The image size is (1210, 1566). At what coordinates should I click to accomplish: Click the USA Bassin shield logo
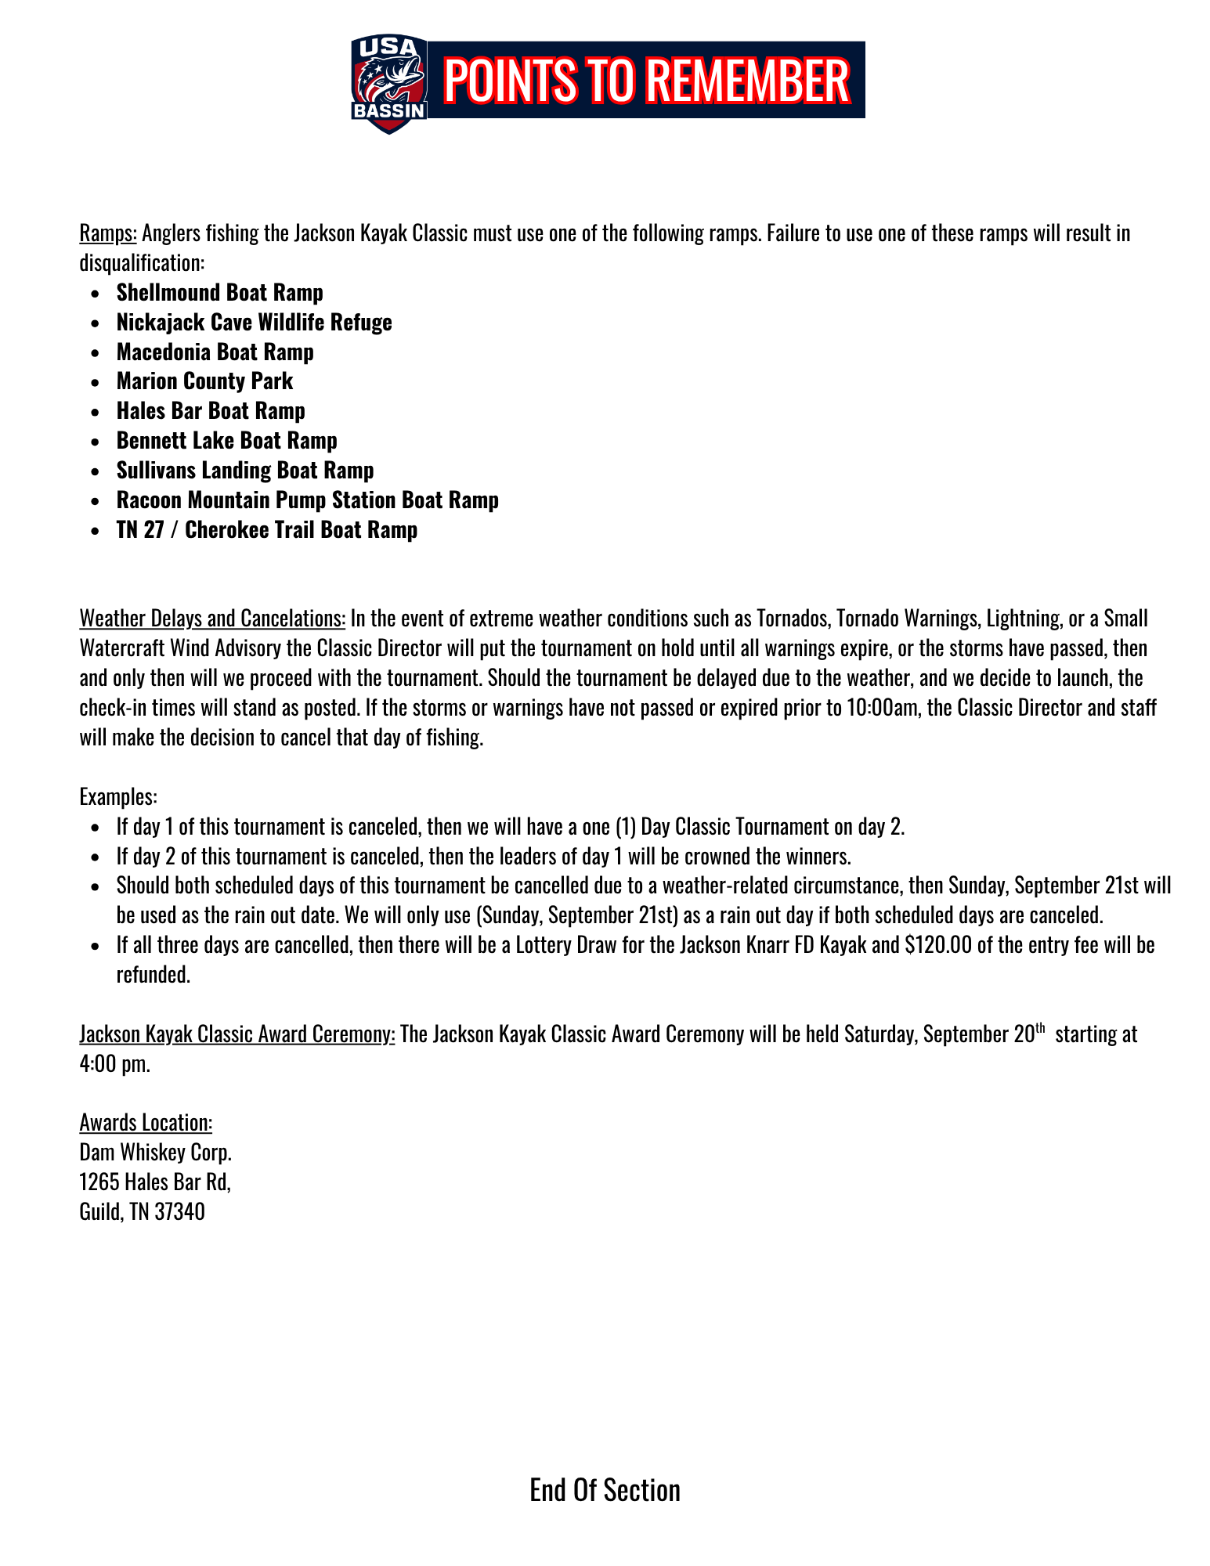[x=388, y=83]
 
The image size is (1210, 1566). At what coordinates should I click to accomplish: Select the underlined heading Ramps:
[x=108, y=233]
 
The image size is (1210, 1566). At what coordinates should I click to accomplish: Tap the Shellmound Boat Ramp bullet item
[x=219, y=293]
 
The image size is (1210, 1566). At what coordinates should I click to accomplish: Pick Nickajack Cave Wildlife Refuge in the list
[x=254, y=323]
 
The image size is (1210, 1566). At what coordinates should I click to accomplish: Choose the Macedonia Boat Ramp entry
[x=215, y=352]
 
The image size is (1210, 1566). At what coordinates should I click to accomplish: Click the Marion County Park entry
[x=204, y=381]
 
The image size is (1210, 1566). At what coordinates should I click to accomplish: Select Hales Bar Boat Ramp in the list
[x=211, y=411]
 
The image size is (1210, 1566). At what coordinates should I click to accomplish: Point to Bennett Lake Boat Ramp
[x=226, y=441]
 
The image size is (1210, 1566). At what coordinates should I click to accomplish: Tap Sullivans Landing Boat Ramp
[x=245, y=471]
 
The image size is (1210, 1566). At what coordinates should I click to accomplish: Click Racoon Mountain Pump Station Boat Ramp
[x=307, y=500]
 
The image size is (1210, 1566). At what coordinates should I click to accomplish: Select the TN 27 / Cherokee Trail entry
[x=266, y=530]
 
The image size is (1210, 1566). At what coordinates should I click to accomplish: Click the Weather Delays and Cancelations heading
[x=212, y=619]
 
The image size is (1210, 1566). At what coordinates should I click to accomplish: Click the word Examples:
[x=118, y=797]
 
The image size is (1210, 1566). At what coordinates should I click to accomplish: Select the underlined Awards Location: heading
[x=146, y=1123]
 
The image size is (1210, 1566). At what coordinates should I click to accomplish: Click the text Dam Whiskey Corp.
[x=155, y=1153]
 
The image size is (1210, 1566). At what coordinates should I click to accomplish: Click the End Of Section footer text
[x=605, y=1490]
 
